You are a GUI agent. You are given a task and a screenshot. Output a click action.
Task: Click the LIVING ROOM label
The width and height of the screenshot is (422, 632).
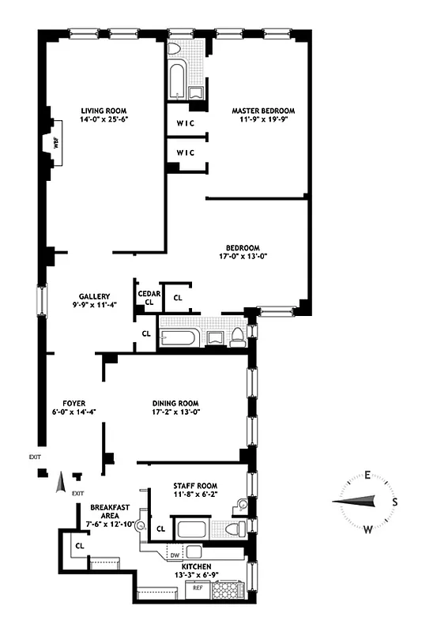[x=104, y=111]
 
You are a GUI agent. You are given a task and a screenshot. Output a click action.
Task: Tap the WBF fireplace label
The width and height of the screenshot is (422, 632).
[x=55, y=144]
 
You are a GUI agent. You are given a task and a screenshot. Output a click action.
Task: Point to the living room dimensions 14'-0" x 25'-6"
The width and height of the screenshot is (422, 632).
[x=104, y=121]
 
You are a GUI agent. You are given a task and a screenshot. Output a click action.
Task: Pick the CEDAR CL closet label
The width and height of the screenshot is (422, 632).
[x=149, y=298]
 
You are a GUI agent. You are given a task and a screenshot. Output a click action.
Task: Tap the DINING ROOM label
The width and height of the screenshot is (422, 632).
[x=176, y=401]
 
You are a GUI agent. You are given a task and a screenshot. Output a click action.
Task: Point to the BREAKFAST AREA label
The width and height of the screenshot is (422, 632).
[x=110, y=511]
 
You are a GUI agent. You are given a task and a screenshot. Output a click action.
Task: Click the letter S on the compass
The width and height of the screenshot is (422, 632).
[x=395, y=502]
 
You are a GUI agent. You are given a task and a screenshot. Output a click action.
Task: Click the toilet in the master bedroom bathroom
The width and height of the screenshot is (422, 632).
[x=175, y=49]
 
